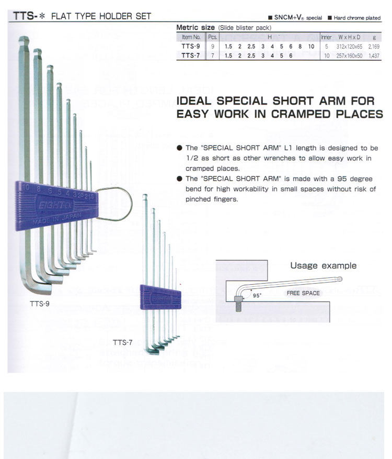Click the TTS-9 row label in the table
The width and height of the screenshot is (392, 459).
191,47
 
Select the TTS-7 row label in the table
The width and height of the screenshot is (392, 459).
191,55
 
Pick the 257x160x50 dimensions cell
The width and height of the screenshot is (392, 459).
349,55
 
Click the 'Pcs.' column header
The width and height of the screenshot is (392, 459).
213,38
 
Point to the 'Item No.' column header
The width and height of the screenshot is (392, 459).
191,38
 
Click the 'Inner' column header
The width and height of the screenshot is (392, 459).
326,38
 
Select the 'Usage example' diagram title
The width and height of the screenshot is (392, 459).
323,266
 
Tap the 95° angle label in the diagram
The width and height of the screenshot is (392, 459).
257,296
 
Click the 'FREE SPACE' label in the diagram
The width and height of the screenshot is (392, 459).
303,293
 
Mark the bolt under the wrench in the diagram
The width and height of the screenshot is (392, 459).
238,303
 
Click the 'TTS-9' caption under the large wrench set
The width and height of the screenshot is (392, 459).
40,303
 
